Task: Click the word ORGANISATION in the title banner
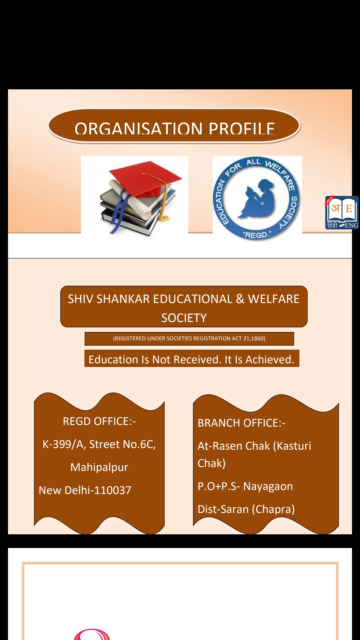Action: (138, 128)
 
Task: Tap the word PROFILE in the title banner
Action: (242, 128)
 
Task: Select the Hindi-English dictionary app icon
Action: (342, 213)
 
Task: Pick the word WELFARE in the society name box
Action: (274, 299)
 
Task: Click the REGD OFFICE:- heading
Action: (99, 421)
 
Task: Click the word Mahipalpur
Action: (99, 467)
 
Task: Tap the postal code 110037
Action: (113, 490)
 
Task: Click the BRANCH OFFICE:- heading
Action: (241, 423)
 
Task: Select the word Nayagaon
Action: (268, 486)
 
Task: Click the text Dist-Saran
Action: (223, 509)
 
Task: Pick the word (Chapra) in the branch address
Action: (273, 509)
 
